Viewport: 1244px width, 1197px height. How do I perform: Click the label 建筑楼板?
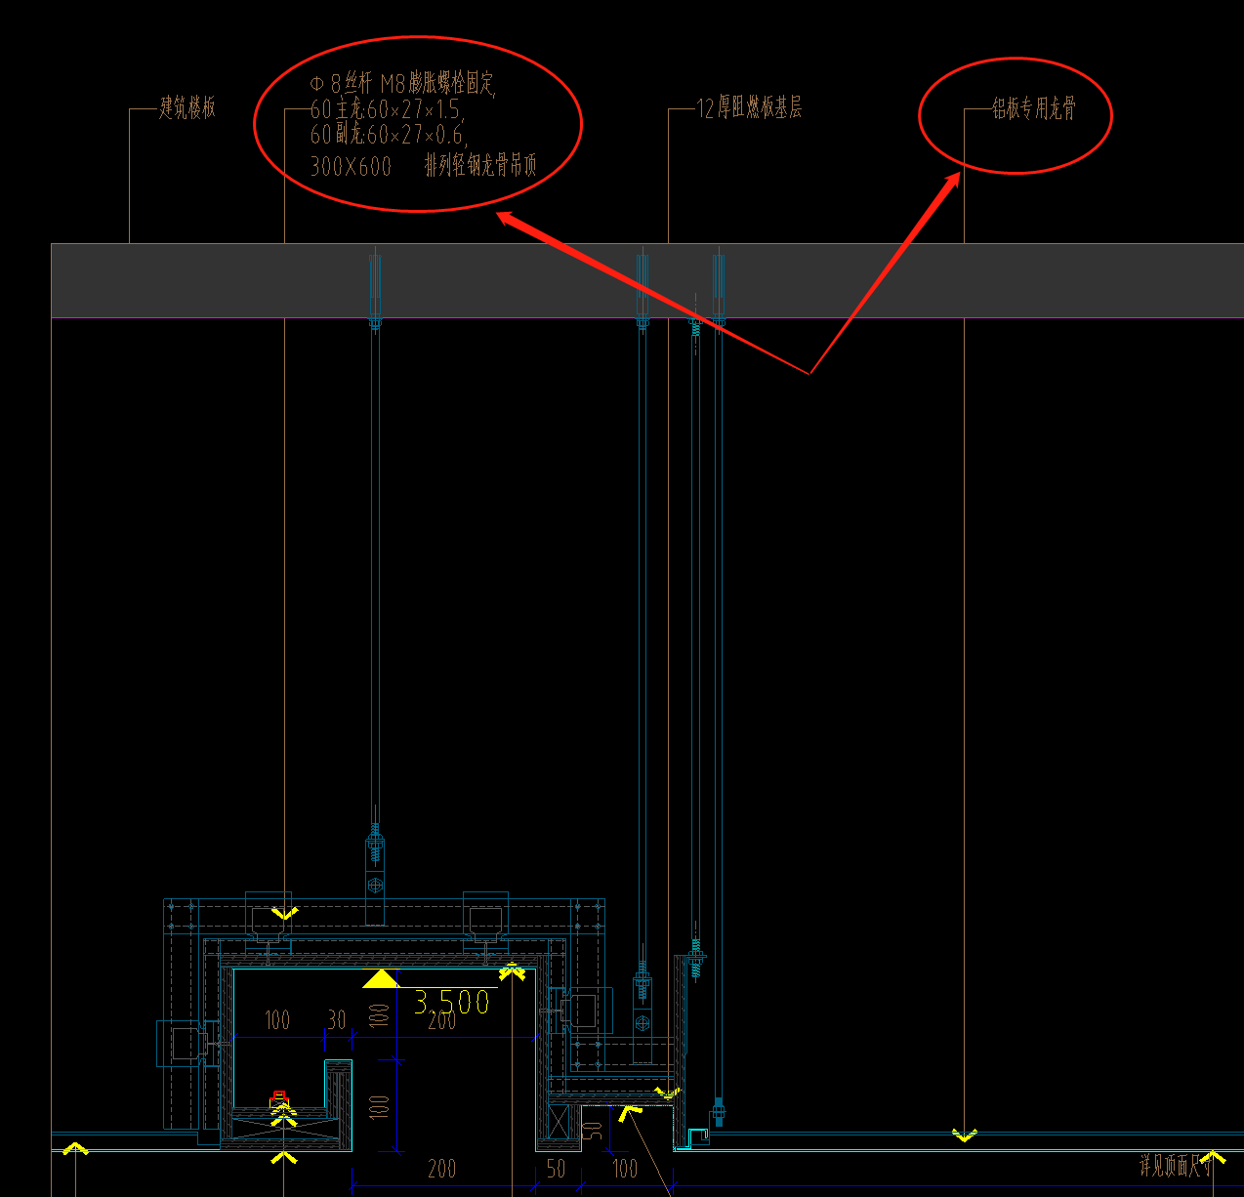click(x=187, y=107)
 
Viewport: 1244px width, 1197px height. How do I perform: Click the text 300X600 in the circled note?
click(x=351, y=167)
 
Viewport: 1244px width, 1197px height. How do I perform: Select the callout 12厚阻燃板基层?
click(x=750, y=108)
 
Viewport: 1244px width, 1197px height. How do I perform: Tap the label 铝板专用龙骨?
click(x=1034, y=108)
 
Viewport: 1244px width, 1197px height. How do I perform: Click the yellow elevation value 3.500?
click(x=451, y=1002)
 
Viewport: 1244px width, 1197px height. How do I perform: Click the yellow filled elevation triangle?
click(x=379, y=978)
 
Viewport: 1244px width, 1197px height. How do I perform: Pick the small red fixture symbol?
click(x=279, y=1098)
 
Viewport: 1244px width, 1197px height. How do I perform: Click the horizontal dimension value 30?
click(x=337, y=1020)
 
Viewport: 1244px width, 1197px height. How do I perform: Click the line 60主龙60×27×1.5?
click(x=386, y=109)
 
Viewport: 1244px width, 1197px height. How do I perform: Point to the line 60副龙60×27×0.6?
click(x=388, y=135)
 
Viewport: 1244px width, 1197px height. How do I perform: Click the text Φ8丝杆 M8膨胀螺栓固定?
click(x=403, y=84)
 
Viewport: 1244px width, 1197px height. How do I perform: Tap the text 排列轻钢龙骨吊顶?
click(x=480, y=166)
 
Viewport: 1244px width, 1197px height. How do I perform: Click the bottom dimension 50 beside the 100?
click(x=556, y=1169)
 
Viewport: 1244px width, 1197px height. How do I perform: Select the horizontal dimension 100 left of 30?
click(x=277, y=1020)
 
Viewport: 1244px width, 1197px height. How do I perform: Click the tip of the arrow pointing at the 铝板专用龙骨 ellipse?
click(x=960, y=174)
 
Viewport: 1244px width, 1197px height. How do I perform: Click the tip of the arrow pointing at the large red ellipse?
click(x=499, y=215)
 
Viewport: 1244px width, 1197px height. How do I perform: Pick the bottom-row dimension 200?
click(x=441, y=1169)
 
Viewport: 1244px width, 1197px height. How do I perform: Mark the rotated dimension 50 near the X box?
click(x=592, y=1131)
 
